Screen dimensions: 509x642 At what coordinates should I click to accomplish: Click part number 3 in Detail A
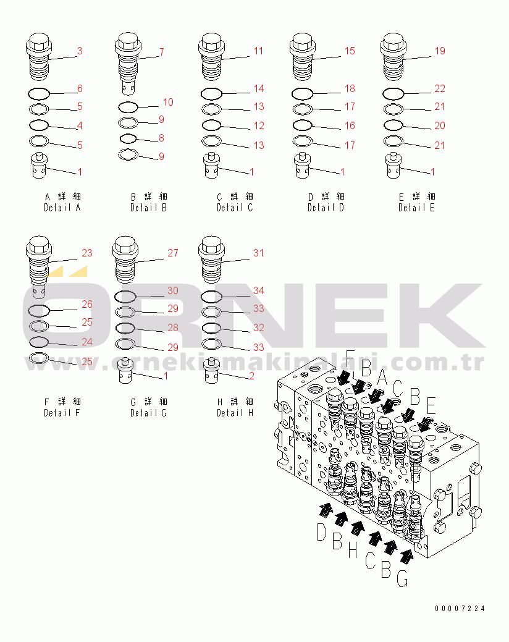tap(79, 51)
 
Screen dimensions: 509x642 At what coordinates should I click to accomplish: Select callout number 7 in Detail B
tap(161, 52)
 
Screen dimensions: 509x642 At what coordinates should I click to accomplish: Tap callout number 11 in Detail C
tap(258, 51)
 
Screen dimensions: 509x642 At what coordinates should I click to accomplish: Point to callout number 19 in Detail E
tap(440, 51)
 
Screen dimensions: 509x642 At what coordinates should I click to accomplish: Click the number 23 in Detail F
tap(86, 253)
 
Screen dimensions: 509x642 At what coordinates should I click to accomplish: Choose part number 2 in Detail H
tap(251, 376)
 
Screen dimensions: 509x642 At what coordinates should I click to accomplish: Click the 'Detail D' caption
tap(326, 208)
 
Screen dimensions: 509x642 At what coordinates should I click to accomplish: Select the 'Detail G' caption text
tap(148, 413)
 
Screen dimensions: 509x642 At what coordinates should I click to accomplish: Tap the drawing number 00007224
tap(460, 609)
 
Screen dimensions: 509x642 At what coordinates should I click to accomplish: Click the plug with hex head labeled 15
tap(302, 59)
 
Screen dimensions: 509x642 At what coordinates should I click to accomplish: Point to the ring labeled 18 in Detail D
tap(302, 94)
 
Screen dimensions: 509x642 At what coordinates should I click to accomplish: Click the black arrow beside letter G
tap(406, 556)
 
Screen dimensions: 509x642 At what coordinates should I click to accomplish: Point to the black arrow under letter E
tap(425, 425)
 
